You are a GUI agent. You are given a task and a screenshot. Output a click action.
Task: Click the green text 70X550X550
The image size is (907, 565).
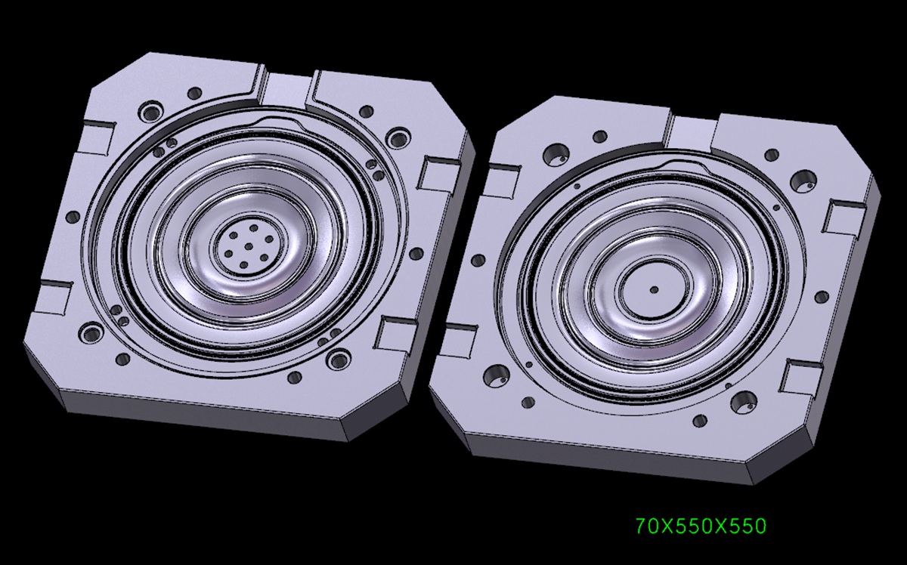click(701, 526)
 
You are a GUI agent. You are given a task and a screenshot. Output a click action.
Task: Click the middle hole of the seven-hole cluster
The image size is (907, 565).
click(249, 246)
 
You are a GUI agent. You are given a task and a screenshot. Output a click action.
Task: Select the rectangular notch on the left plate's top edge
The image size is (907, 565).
click(286, 90)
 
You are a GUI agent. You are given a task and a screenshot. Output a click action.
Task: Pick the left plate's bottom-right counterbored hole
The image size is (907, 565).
click(338, 360)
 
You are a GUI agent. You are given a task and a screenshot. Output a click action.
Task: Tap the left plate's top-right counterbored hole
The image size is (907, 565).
click(398, 138)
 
